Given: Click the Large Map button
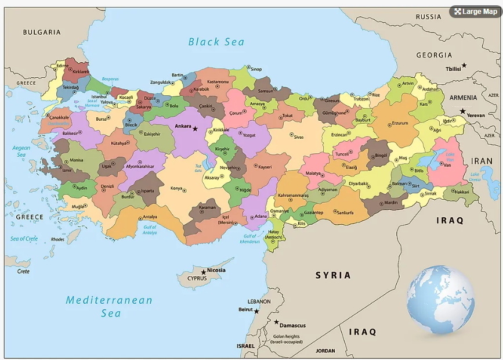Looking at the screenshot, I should [x=475, y=12].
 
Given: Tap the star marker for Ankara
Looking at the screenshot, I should [x=195, y=128].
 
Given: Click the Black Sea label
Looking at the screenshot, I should [x=216, y=42].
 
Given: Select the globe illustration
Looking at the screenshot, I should [x=440, y=300].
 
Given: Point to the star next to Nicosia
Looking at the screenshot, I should [x=203, y=272].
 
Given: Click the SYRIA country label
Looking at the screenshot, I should [x=333, y=275].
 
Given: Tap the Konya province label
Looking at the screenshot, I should [x=176, y=189].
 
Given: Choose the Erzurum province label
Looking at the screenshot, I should [x=400, y=123].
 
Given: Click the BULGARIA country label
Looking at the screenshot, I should [x=42, y=32].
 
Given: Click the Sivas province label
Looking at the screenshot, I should [x=298, y=137].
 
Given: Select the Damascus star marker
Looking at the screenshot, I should [x=276, y=322].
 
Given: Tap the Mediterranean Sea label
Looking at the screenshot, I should [x=109, y=307].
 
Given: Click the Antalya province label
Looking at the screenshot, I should [x=150, y=217].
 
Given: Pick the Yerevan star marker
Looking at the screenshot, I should [x=462, y=111].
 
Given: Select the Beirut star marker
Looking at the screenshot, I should [x=256, y=311].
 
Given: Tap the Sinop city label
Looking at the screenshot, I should [x=256, y=70].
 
